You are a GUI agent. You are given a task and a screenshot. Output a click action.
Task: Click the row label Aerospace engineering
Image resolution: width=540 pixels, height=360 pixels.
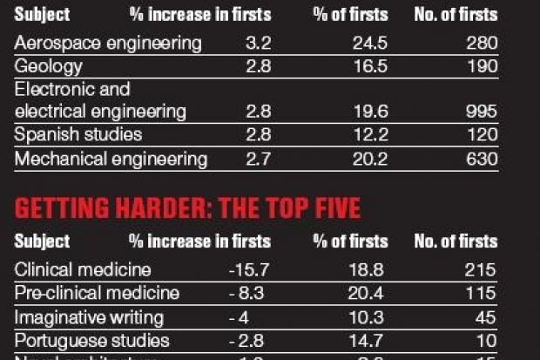108,43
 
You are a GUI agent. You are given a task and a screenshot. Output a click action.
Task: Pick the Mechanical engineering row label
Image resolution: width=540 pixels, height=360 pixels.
111,159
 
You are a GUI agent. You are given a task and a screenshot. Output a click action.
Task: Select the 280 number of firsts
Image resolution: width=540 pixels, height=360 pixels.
481,43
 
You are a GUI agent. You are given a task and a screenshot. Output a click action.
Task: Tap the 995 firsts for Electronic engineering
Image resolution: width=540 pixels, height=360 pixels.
481,112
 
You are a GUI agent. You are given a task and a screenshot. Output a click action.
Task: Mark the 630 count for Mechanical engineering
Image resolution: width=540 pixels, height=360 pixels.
481,159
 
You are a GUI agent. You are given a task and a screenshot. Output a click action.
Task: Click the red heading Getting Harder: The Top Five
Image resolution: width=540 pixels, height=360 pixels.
188,209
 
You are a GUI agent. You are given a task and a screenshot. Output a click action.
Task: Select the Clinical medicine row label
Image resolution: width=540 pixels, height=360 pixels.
83,269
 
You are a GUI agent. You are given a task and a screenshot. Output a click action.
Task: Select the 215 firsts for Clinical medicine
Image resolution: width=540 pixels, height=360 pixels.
481,269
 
